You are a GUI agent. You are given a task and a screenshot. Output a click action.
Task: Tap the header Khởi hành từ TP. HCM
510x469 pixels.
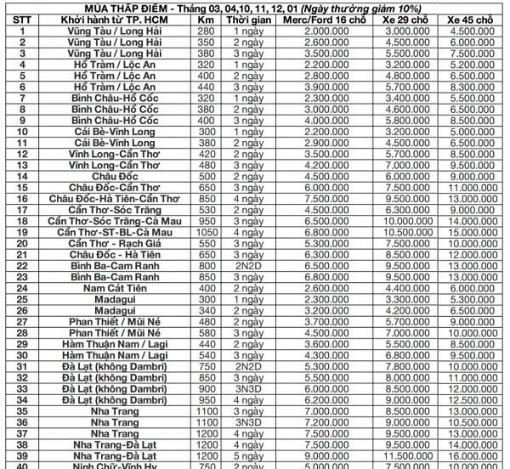pos(119,19)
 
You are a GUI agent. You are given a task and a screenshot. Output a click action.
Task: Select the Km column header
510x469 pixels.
pos(205,19)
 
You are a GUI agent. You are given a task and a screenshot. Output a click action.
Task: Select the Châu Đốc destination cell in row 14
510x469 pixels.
pos(119,175)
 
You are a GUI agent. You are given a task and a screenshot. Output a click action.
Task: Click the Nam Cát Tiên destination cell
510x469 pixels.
pos(119,287)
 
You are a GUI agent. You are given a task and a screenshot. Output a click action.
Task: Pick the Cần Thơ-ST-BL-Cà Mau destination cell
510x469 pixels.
pos(119,231)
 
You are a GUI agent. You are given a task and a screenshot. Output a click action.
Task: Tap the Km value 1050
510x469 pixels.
pos(205,231)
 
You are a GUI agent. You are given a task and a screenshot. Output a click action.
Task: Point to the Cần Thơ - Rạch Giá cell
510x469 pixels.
pos(119,242)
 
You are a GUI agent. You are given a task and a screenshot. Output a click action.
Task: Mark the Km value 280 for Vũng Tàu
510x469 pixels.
pos(205,30)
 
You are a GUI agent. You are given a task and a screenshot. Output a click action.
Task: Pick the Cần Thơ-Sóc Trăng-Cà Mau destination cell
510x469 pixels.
pos(119,219)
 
